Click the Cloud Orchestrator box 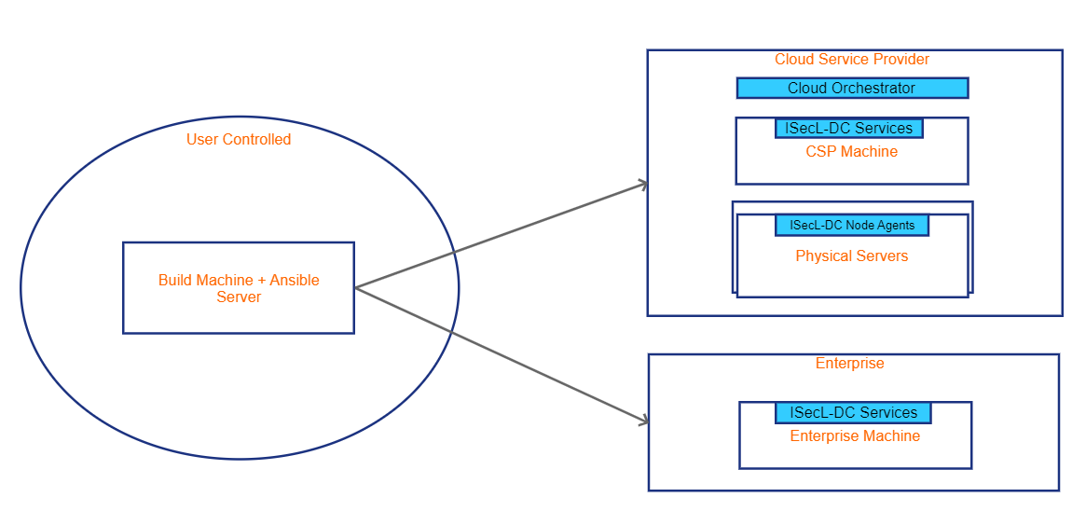(x=852, y=89)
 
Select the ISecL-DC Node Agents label (x=852, y=226)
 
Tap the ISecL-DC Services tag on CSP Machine (x=848, y=129)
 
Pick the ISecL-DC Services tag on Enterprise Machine (x=853, y=413)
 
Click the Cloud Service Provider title (x=852, y=60)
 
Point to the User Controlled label (x=239, y=140)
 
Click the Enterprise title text (x=849, y=364)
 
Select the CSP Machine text (x=851, y=152)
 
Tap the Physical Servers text (x=851, y=256)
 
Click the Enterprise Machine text (x=855, y=436)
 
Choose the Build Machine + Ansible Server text (x=239, y=289)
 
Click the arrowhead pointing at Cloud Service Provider (x=643, y=184)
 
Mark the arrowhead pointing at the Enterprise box (x=643, y=422)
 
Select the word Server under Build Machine (x=239, y=297)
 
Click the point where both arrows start (x=356, y=287)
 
